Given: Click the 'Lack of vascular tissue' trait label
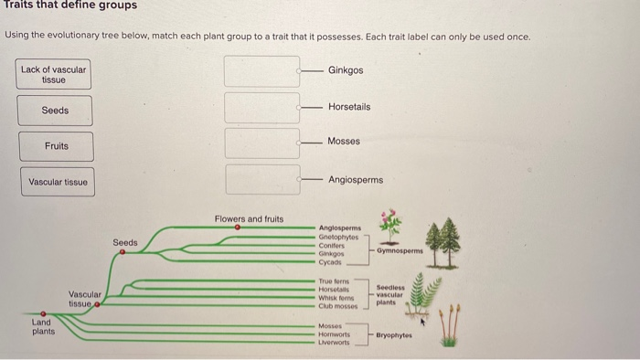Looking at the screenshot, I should coord(54,74).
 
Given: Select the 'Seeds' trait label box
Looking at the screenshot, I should coord(54,111).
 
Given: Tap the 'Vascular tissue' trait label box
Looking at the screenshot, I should coord(58,182).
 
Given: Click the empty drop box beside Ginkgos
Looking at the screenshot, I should coord(262,71).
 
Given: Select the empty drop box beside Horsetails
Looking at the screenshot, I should coord(262,107).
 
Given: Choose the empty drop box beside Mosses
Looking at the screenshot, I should coord(262,142).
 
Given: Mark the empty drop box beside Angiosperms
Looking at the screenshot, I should coord(262,179).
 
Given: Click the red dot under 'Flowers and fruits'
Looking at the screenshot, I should coord(237,228).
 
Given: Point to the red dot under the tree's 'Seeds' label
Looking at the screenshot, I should coord(123,253).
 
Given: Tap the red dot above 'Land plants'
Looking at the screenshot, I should coord(43,313).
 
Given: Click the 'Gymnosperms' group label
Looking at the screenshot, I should coord(403,249).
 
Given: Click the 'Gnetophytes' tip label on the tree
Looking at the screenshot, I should coord(337,236).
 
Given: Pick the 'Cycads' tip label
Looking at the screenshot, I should coord(331,261).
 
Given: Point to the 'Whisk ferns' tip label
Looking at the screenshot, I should coord(336,300).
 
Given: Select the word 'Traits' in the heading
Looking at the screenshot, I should coord(18,5).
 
